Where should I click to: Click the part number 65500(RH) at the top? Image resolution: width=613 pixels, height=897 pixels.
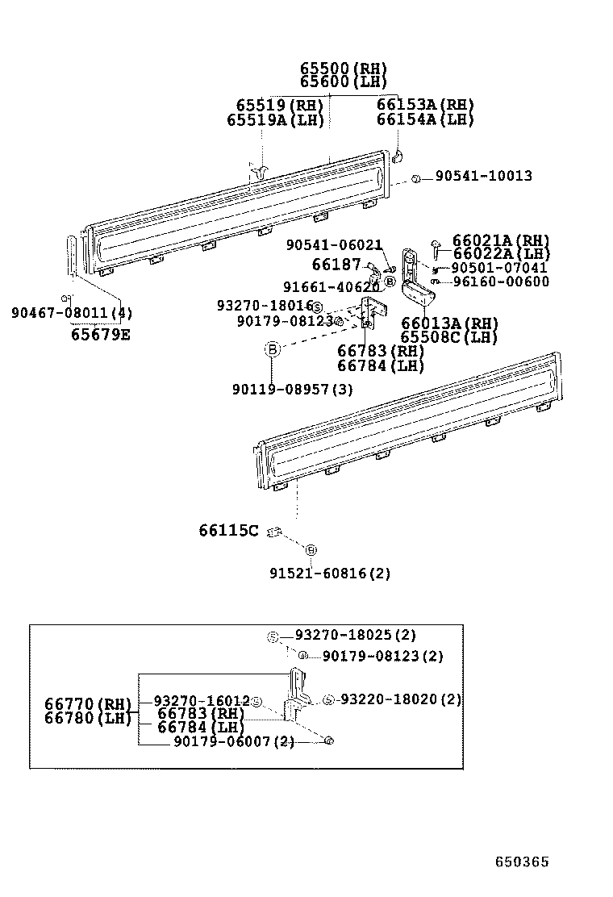tap(344, 69)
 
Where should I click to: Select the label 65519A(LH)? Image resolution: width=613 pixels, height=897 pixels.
tap(275, 119)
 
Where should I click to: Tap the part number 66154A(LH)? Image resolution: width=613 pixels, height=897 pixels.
tap(425, 119)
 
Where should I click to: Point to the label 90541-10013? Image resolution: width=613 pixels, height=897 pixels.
tap(484, 176)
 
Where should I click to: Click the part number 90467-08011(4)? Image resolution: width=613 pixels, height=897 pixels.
tap(72, 313)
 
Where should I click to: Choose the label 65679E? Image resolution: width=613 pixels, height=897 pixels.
tap(100, 333)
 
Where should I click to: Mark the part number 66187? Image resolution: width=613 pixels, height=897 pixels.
tap(336, 265)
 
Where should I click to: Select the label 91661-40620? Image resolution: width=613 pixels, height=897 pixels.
tap(331, 287)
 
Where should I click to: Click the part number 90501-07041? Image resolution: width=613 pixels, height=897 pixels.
tap(499, 268)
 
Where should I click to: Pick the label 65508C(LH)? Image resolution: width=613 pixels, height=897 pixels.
tap(449, 337)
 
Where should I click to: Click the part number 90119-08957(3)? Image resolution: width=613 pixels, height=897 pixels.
tap(292, 390)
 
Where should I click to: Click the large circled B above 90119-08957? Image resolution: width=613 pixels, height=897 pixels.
tap(273, 349)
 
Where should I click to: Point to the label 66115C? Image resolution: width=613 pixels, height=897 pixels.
tap(229, 530)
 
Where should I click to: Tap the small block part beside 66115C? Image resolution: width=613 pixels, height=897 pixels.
tap(274, 531)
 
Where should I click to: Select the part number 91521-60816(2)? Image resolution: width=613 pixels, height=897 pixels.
tap(330, 574)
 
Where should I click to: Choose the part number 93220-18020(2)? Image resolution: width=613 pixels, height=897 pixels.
tap(400, 699)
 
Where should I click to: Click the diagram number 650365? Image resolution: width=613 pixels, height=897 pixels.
tap(522, 862)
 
